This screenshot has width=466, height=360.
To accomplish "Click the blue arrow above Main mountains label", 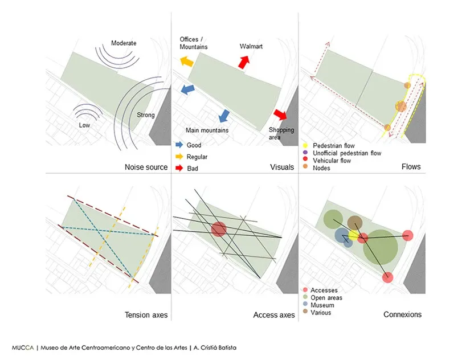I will (x=224, y=116).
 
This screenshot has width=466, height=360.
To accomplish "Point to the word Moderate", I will (x=124, y=43).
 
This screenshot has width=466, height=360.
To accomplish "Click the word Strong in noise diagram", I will (x=145, y=115).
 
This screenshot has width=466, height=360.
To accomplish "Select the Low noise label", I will (x=84, y=125).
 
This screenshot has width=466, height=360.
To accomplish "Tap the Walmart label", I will (x=251, y=46).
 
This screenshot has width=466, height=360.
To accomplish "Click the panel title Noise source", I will (x=146, y=167).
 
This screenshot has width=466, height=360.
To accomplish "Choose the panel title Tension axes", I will (x=146, y=314).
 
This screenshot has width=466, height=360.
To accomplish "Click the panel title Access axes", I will (x=274, y=314).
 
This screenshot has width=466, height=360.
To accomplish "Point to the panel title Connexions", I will (x=402, y=314).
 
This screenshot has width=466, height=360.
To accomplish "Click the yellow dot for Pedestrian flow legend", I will (x=306, y=146).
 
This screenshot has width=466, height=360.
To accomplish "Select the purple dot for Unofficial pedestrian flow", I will (x=306, y=153).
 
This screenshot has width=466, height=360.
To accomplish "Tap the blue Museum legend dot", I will (x=306, y=305).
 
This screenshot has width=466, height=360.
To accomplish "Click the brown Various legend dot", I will (x=306, y=313).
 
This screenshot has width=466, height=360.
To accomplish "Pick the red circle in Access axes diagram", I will (x=219, y=229).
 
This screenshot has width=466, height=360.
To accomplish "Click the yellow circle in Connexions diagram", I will (x=353, y=235).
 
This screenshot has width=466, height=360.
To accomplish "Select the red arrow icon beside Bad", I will (x=179, y=168).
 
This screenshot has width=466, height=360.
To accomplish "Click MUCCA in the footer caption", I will (x=22, y=347).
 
